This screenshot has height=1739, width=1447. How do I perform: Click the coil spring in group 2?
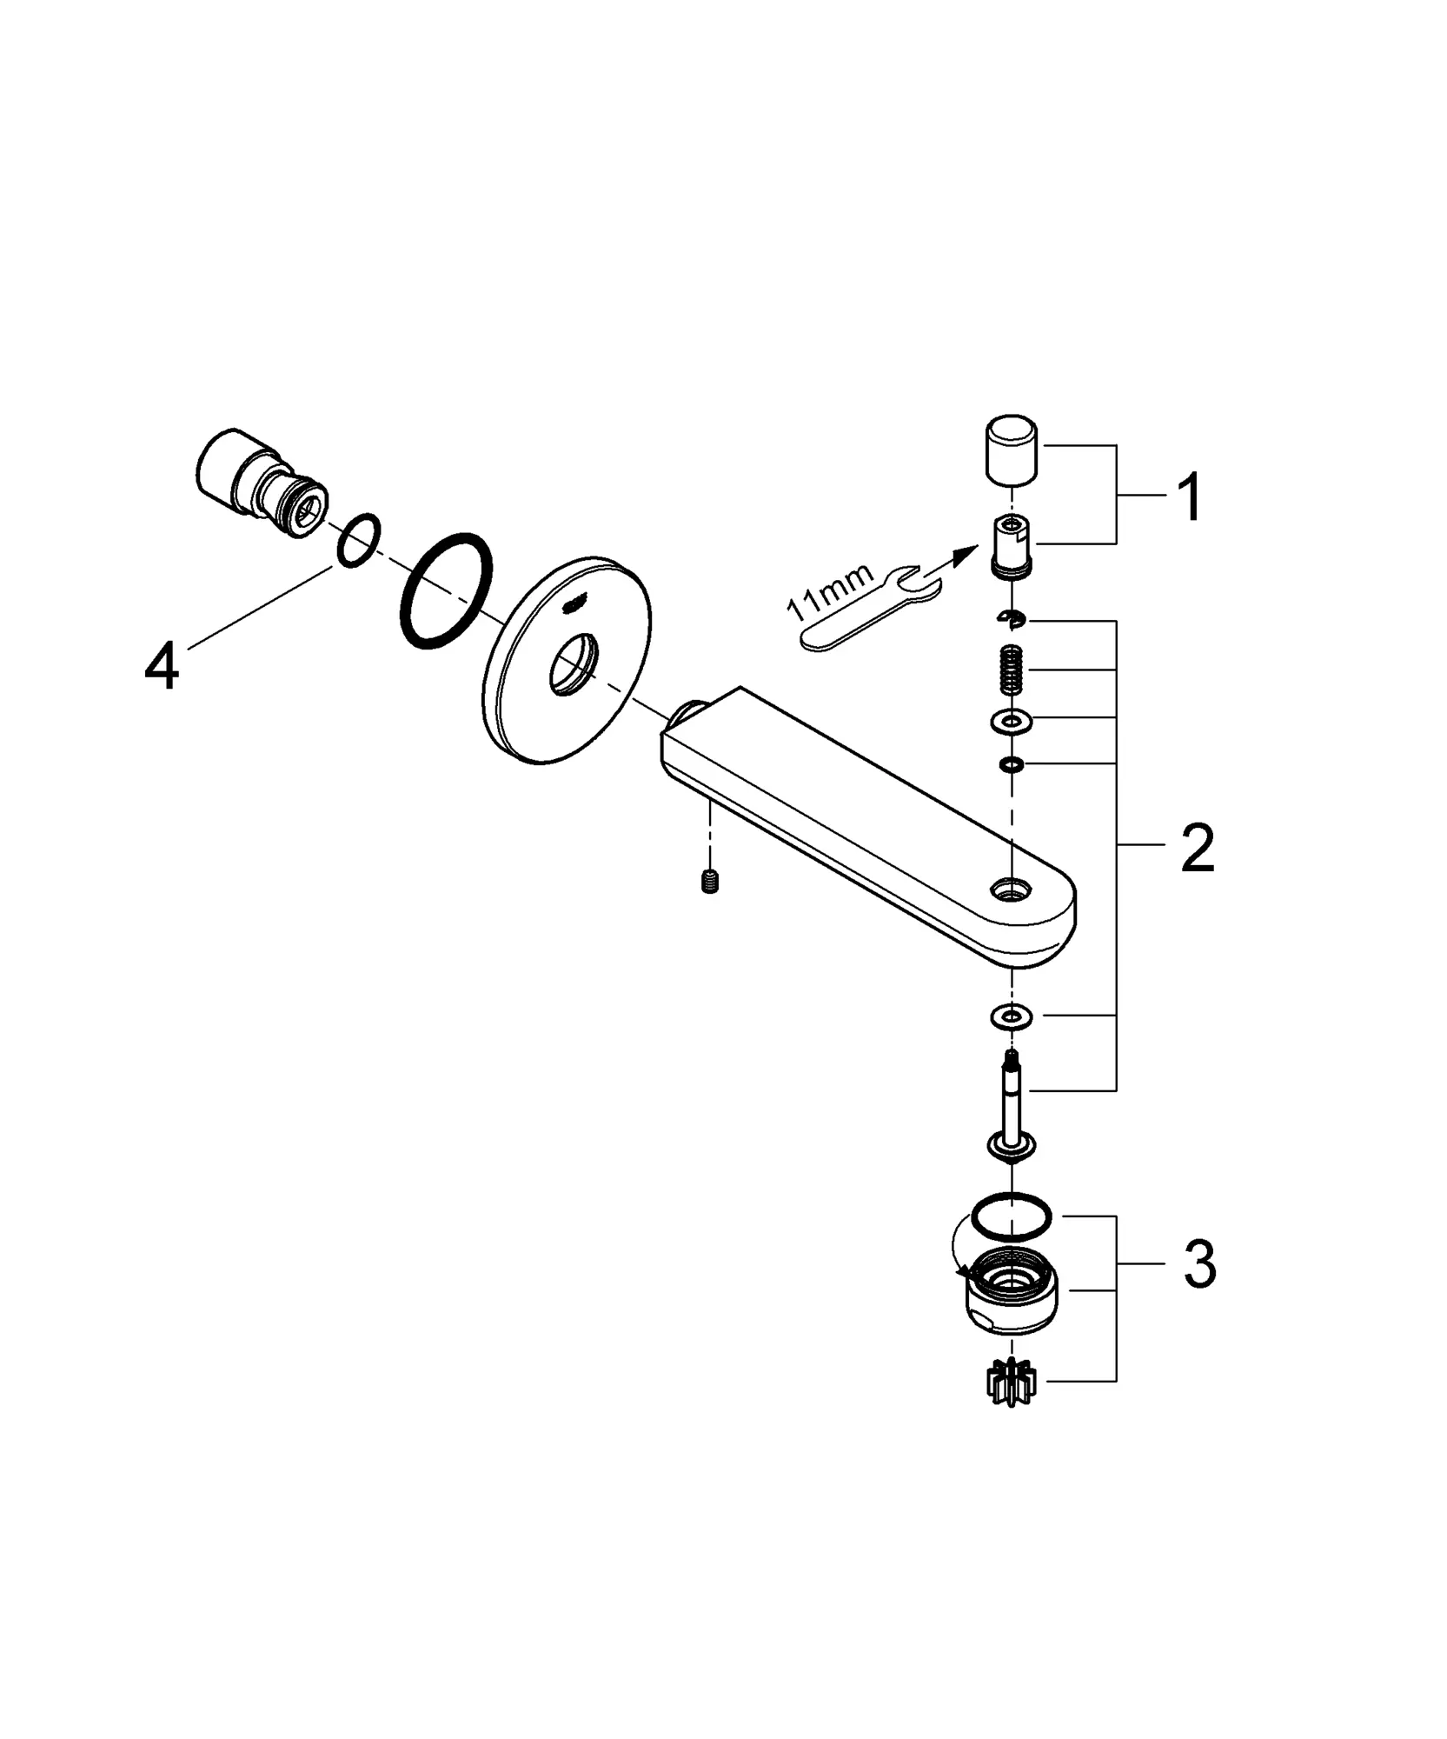click(x=1011, y=669)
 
